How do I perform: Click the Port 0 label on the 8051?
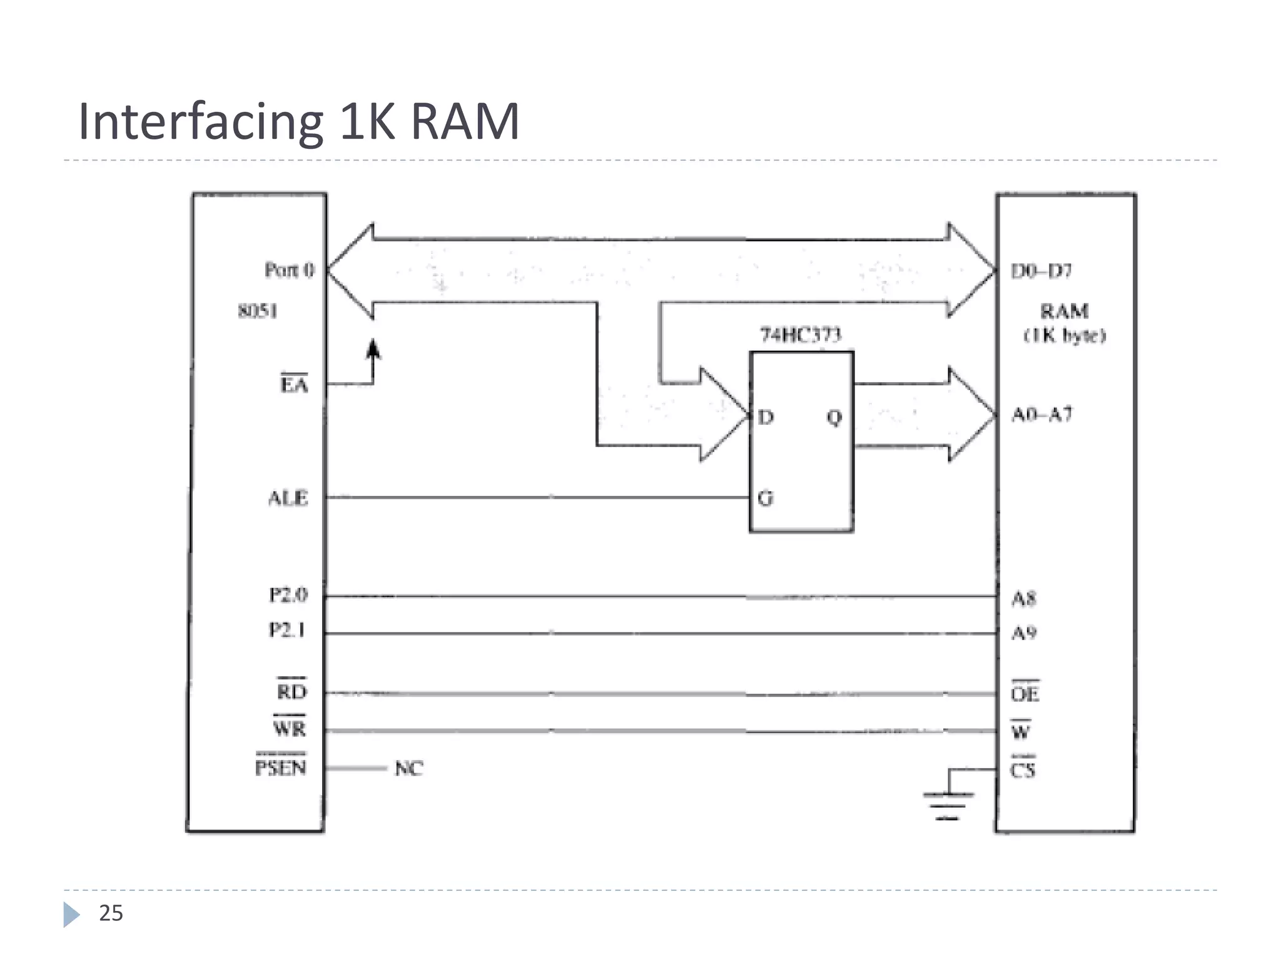click(289, 270)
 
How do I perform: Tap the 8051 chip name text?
click(258, 311)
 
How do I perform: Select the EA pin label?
click(294, 384)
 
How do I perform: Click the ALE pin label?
click(288, 498)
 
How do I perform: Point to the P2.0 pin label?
click(288, 594)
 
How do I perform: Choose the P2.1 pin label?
click(287, 629)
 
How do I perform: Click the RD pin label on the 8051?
click(292, 691)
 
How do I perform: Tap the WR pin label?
click(290, 728)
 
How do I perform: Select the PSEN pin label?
click(281, 767)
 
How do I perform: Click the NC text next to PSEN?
click(409, 768)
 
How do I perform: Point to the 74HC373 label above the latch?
click(801, 335)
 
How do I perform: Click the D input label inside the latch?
click(766, 417)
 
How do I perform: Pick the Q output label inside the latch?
click(834, 417)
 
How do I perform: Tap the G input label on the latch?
click(766, 498)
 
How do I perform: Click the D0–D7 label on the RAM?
click(1041, 271)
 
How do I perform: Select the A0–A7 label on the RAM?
click(1042, 414)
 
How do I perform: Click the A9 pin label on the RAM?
click(1025, 633)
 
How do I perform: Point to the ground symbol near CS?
click(948, 805)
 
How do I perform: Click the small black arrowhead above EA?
click(373, 349)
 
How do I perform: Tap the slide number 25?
click(111, 913)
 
